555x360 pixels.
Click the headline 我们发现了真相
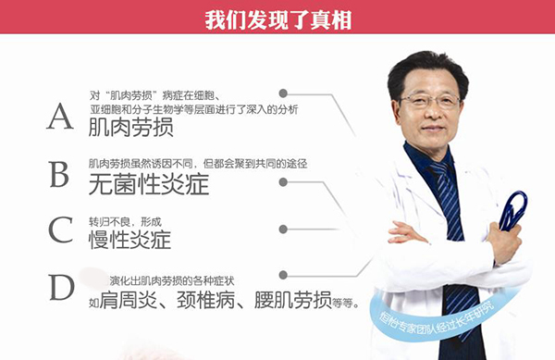tap(277, 18)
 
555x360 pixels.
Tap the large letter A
tap(60, 117)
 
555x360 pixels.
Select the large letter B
tap(60, 173)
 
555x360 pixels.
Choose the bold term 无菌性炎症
tap(148, 184)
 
